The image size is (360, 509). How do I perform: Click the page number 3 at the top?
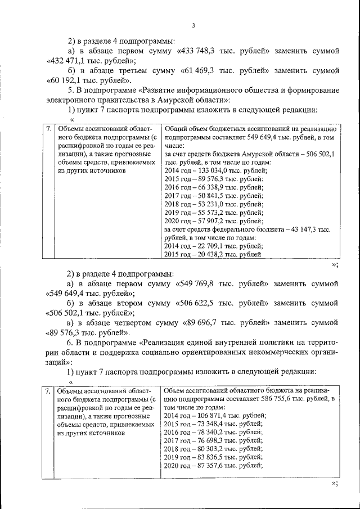193,25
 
